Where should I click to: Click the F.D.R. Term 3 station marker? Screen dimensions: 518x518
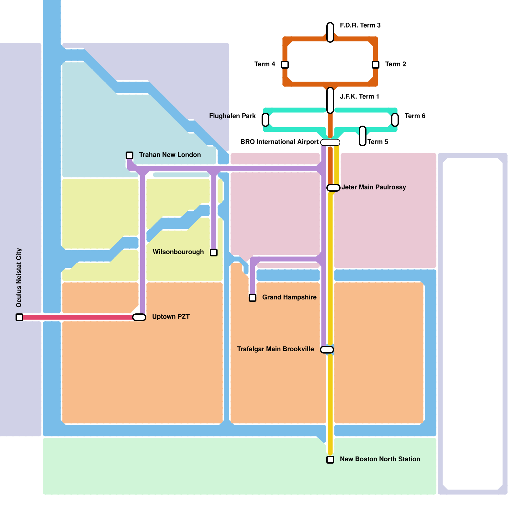pyautogui.click(x=330, y=32)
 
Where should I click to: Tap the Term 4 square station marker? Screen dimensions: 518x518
pyautogui.click(x=285, y=65)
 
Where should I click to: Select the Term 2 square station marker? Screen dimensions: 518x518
pyautogui.click(x=376, y=65)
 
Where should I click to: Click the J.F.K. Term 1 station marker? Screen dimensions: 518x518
pyautogui.click(x=330, y=100)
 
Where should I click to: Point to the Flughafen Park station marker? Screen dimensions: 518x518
pyautogui.click(x=265, y=120)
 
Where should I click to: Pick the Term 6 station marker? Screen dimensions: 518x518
pyautogui.click(x=395, y=120)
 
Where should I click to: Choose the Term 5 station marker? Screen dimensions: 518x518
pyautogui.click(x=363, y=136)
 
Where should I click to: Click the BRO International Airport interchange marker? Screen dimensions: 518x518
pyautogui.click(x=330, y=142)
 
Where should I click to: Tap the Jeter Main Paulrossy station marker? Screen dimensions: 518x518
pyautogui.click(x=333, y=188)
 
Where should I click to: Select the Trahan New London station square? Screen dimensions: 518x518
pyautogui.click(x=129, y=155)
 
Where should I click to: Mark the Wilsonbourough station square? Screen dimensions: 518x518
pyautogui.click(x=214, y=253)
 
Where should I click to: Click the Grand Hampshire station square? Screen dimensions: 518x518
pyautogui.click(x=253, y=298)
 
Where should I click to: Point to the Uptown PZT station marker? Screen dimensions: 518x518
pyautogui.click(x=139, y=317)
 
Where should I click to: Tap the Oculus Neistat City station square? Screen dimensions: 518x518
pyautogui.click(x=19, y=317)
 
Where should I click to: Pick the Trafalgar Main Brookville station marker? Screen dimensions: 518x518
pyautogui.click(x=327, y=350)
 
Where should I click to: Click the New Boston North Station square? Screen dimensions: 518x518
pyautogui.click(x=330, y=460)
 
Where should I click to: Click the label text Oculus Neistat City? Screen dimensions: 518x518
pyautogui.click(x=19, y=278)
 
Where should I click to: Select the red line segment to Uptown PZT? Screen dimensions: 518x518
pyautogui.click(x=78, y=317)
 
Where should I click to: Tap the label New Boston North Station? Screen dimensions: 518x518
pyautogui.click(x=380, y=459)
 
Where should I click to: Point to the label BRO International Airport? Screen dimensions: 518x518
pyautogui.click(x=279, y=142)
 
